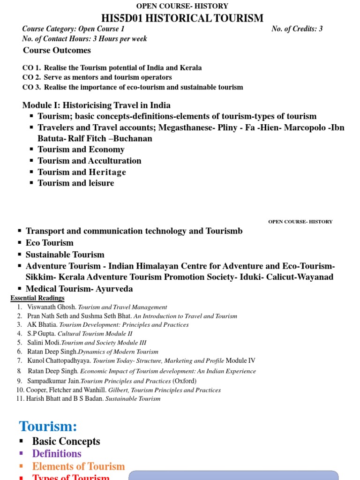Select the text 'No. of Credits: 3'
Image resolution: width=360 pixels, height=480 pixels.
(x=297, y=29)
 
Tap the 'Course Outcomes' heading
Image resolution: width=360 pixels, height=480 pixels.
(x=57, y=50)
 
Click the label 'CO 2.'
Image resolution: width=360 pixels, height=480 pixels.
(x=31, y=77)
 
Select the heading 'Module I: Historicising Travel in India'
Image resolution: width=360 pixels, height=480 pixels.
(x=97, y=105)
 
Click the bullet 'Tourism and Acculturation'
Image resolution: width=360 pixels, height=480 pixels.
(x=89, y=161)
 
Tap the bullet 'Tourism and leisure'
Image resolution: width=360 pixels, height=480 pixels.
(x=75, y=183)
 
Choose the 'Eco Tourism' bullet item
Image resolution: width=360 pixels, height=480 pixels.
(x=49, y=243)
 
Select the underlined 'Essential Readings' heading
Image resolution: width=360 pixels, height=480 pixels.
(x=37, y=298)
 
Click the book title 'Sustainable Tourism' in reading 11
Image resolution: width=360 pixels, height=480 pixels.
(x=133, y=398)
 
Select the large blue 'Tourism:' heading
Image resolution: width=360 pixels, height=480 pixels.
(x=48, y=426)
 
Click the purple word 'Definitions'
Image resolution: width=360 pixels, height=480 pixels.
(x=56, y=454)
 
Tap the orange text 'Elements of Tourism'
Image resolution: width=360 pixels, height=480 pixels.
(x=78, y=466)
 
